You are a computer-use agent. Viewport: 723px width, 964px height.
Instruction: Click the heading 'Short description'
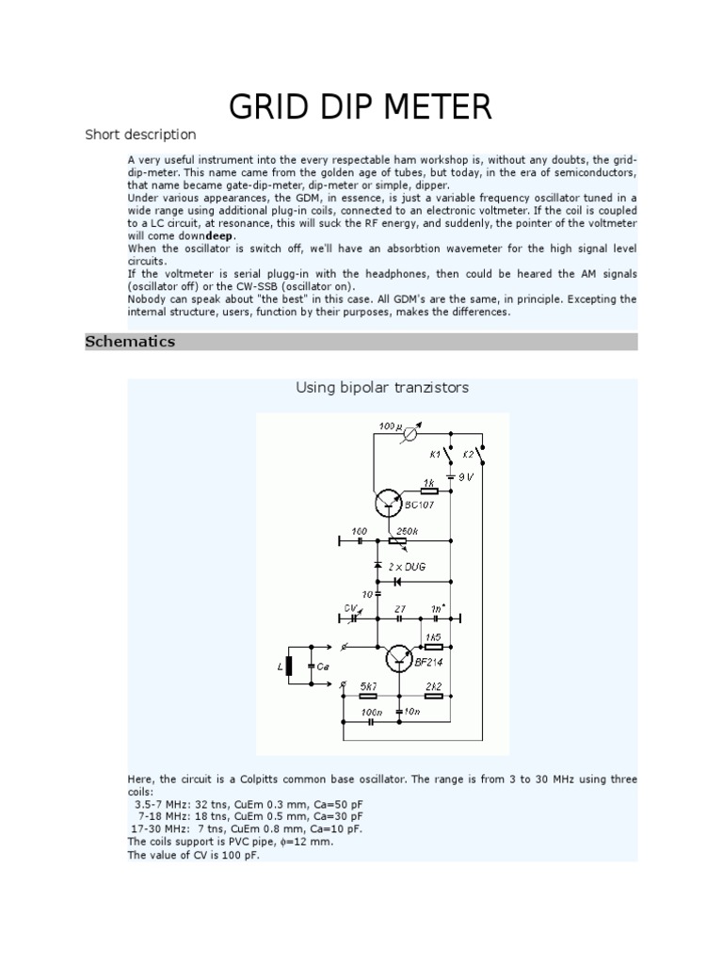point(140,135)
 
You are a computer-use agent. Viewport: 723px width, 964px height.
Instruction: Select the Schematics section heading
point(130,342)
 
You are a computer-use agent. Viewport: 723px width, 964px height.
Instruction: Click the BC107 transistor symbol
point(389,503)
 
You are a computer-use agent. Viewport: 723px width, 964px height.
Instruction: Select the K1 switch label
point(435,454)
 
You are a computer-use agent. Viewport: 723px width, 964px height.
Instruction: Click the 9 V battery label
point(464,477)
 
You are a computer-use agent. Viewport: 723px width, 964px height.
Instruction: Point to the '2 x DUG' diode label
point(409,568)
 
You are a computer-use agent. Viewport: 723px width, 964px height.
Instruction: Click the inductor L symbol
point(290,667)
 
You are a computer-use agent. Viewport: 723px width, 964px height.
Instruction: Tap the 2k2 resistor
point(433,696)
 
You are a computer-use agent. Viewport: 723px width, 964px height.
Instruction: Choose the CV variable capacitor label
point(350,608)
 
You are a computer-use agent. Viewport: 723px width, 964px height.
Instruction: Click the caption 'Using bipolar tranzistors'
point(382,388)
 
